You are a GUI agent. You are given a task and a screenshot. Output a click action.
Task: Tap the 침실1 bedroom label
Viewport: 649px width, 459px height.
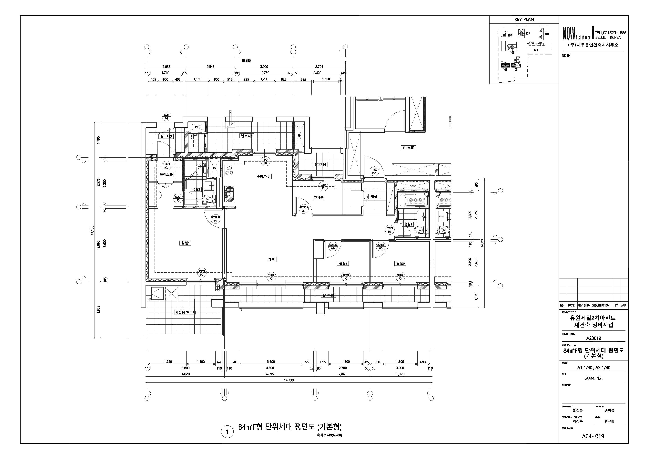click(186, 243)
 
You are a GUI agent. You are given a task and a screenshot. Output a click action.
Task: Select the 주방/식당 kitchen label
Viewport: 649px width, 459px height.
click(264, 176)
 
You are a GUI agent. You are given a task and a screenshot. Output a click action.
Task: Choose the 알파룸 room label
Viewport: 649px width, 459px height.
click(318, 197)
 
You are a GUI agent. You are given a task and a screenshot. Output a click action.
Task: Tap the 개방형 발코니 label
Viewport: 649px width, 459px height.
click(185, 312)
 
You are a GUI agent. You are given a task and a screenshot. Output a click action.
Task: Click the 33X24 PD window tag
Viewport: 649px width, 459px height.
click(271, 276)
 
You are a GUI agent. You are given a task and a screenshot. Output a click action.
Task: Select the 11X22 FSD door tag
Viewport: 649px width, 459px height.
click(374, 171)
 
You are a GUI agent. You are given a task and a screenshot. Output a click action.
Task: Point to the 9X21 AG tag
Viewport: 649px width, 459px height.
click(166, 117)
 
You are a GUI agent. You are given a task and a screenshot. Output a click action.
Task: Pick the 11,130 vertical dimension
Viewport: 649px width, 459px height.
click(92, 230)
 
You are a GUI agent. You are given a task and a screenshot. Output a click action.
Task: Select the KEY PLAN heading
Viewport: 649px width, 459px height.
click(524, 19)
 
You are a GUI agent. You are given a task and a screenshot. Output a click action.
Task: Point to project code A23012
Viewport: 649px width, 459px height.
click(593, 338)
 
